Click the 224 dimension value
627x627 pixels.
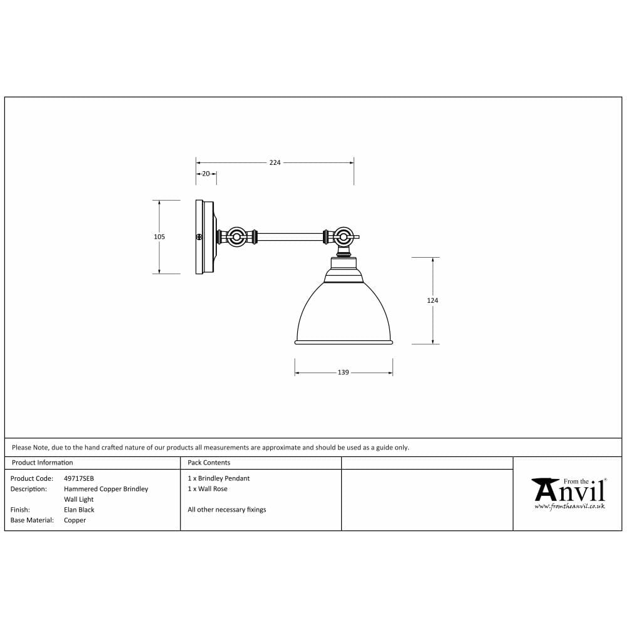275,162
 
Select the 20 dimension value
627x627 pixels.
206,174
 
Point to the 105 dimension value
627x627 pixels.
159,237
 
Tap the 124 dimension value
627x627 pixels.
433,301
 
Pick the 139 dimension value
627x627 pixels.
343,372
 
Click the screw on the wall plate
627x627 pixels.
199,238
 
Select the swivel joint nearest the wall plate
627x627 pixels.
237,238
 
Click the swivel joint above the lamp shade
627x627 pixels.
342,238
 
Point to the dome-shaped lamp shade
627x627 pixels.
343,313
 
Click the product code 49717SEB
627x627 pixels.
79,478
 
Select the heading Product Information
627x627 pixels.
43,463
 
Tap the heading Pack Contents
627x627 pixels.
209,463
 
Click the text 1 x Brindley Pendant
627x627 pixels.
218,478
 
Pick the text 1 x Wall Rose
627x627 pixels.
208,488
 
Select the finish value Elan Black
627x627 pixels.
79,510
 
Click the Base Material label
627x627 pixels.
32,520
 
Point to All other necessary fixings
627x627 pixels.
227,510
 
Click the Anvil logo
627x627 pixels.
568,490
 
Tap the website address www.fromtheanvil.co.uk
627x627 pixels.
569,506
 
